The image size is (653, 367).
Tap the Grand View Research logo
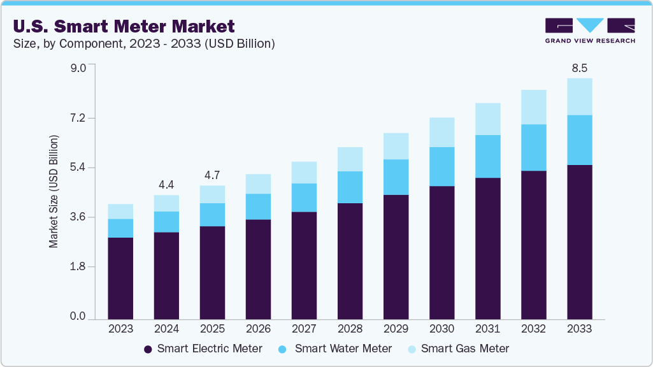coord(589,30)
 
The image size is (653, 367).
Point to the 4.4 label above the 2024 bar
coord(166,185)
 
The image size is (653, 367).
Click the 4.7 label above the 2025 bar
coord(212,175)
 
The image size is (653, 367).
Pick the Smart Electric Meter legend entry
coord(203,349)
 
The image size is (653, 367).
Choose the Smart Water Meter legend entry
coord(336,349)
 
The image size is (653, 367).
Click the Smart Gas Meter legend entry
coord(458,349)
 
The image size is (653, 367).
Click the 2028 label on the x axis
coord(350,329)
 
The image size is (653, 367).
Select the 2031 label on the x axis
coord(487,329)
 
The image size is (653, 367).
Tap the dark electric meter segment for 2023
coord(120,278)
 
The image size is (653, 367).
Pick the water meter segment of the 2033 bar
coord(579,140)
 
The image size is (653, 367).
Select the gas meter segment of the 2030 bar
coord(441,133)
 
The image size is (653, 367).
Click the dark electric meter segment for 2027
coord(304,265)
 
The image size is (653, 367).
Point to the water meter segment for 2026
coord(258,206)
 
